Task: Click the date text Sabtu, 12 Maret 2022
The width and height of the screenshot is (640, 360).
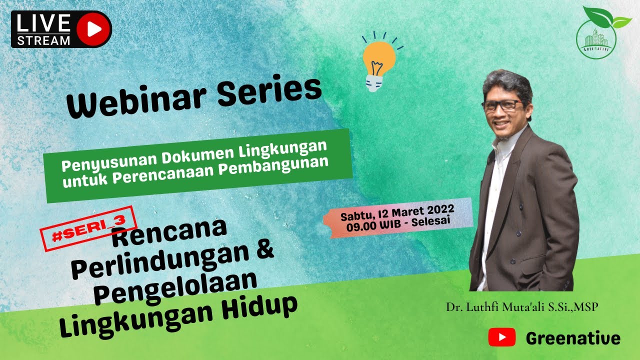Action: click(397, 213)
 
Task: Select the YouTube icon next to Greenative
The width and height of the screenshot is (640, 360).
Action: click(501, 338)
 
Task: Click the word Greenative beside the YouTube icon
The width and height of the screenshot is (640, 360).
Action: click(573, 338)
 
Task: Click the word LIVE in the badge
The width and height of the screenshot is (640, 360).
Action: click(43, 23)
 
